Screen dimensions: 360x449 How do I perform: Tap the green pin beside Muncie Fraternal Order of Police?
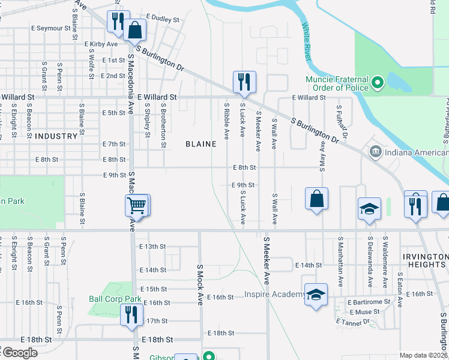(378, 82)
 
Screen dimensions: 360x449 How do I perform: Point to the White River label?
(307, 42)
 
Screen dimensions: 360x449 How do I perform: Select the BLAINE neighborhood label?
(200, 144)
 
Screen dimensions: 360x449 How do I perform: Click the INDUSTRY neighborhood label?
(56, 136)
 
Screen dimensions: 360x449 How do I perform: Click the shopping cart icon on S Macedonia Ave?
(137, 206)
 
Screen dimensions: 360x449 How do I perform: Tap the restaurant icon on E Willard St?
(244, 82)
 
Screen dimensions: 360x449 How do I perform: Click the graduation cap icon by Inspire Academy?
(316, 295)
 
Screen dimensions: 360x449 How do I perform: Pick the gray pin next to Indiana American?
(375, 151)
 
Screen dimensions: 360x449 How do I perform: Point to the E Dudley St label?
(162, 19)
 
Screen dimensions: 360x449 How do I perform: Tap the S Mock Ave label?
(200, 284)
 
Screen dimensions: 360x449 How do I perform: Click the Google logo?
(20, 353)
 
